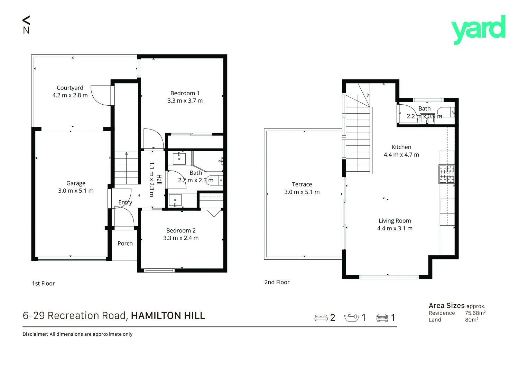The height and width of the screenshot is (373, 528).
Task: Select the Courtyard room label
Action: (x=70, y=88)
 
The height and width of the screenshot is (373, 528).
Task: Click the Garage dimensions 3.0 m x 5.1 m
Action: (x=76, y=191)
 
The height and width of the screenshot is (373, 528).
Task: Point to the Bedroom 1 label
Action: (x=185, y=93)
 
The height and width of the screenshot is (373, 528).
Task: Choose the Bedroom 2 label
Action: (x=180, y=230)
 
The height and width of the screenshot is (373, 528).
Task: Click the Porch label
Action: (x=125, y=243)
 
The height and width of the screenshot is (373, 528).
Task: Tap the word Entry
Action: (x=125, y=202)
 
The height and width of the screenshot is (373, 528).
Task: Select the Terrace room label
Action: (x=302, y=184)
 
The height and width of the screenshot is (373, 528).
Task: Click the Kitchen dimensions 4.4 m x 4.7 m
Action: (x=401, y=155)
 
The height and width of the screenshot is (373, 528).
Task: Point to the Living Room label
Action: (x=395, y=221)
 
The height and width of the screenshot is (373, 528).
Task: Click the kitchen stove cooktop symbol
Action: (x=446, y=174)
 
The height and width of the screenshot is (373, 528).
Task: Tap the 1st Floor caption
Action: (x=43, y=284)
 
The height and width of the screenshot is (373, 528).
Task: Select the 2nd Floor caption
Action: (x=277, y=282)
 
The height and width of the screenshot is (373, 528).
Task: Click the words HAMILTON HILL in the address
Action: (x=168, y=316)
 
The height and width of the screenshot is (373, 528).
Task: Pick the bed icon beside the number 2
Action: (x=321, y=318)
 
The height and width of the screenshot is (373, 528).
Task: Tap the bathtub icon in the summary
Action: (x=352, y=318)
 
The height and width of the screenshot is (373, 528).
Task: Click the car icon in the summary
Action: (x=382, y=318)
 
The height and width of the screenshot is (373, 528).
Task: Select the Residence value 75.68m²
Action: (x=475, y=313)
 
